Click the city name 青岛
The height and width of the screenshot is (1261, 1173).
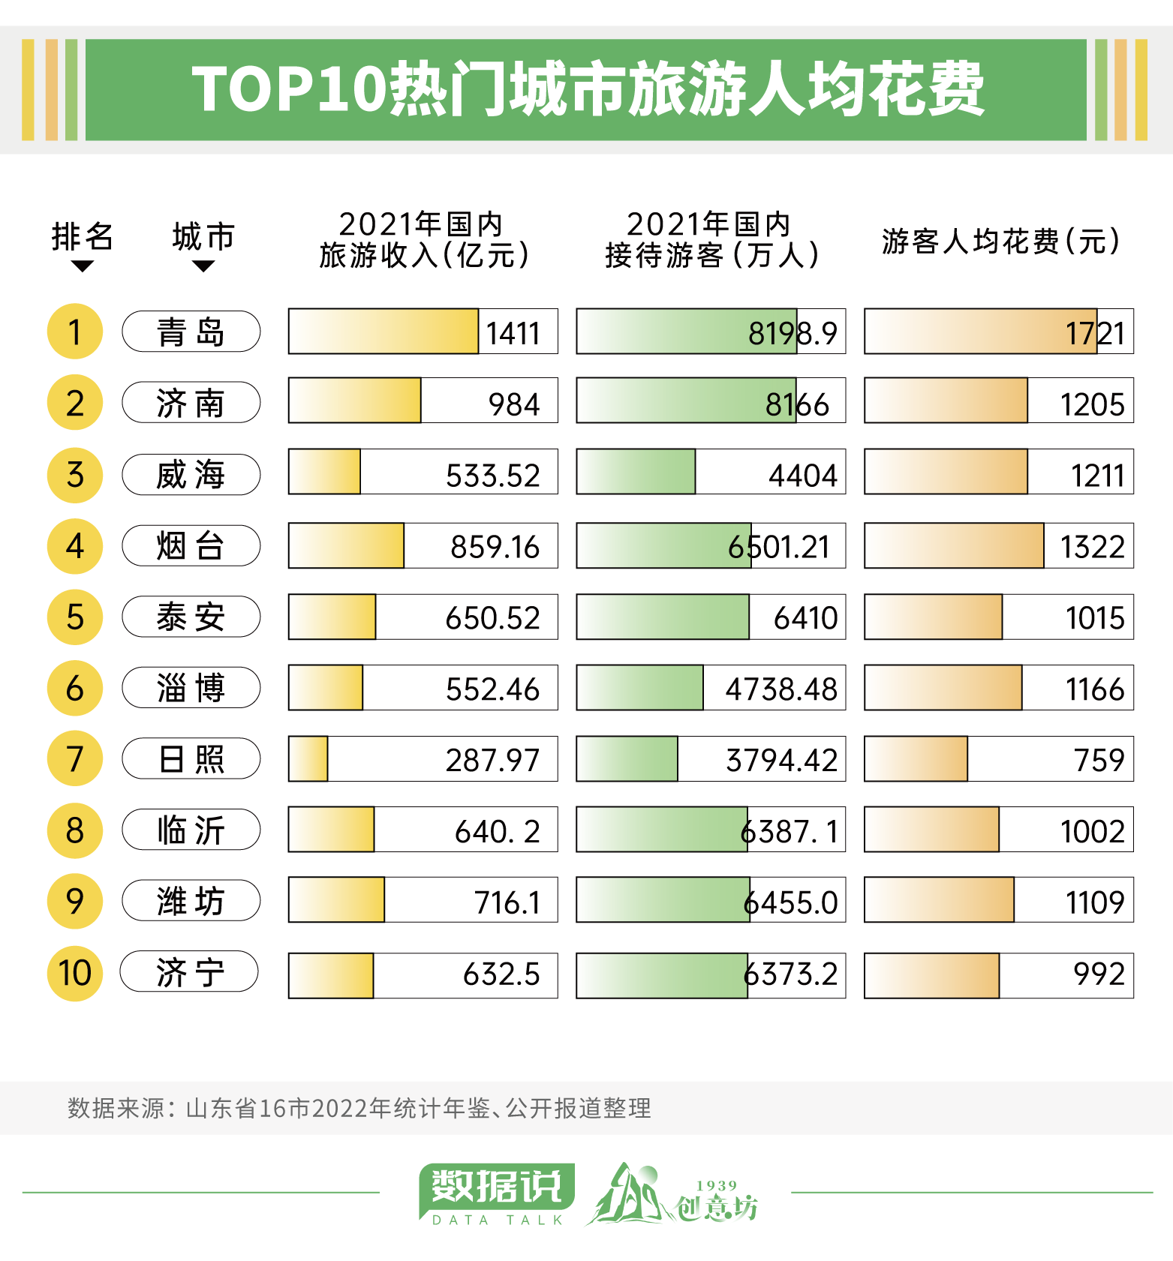[x=191, y=332]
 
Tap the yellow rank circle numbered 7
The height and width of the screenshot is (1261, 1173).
[x=75, y=758]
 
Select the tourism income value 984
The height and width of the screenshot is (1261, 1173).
[x=514, y=404]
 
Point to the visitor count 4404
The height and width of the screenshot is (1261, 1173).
[x=802, y=476]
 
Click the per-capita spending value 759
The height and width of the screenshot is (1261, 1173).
[x=1099, y=760]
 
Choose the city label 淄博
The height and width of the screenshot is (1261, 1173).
[x=191, y=687]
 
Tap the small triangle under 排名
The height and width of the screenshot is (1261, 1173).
[x=82, y=266]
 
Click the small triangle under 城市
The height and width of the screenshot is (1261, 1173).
[x=203, y=266]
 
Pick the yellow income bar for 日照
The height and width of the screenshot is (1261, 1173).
[x=308, y=759]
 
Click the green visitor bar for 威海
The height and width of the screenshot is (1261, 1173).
[x=636, y=472]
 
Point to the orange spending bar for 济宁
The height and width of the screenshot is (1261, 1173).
[x=931, y=975]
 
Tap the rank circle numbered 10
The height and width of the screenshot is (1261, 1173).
[x=75, y=973]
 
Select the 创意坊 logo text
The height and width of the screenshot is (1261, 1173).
[x=716, y=1207]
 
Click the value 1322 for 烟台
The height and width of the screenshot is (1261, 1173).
[x=1092, y=547]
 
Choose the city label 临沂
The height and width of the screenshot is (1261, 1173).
[x=191, y=830]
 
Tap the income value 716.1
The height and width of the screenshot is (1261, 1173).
[x=507, y=902]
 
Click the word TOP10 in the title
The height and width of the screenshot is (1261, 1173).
[x=288, y=89]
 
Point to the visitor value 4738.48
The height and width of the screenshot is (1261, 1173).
[x=780, y=689]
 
